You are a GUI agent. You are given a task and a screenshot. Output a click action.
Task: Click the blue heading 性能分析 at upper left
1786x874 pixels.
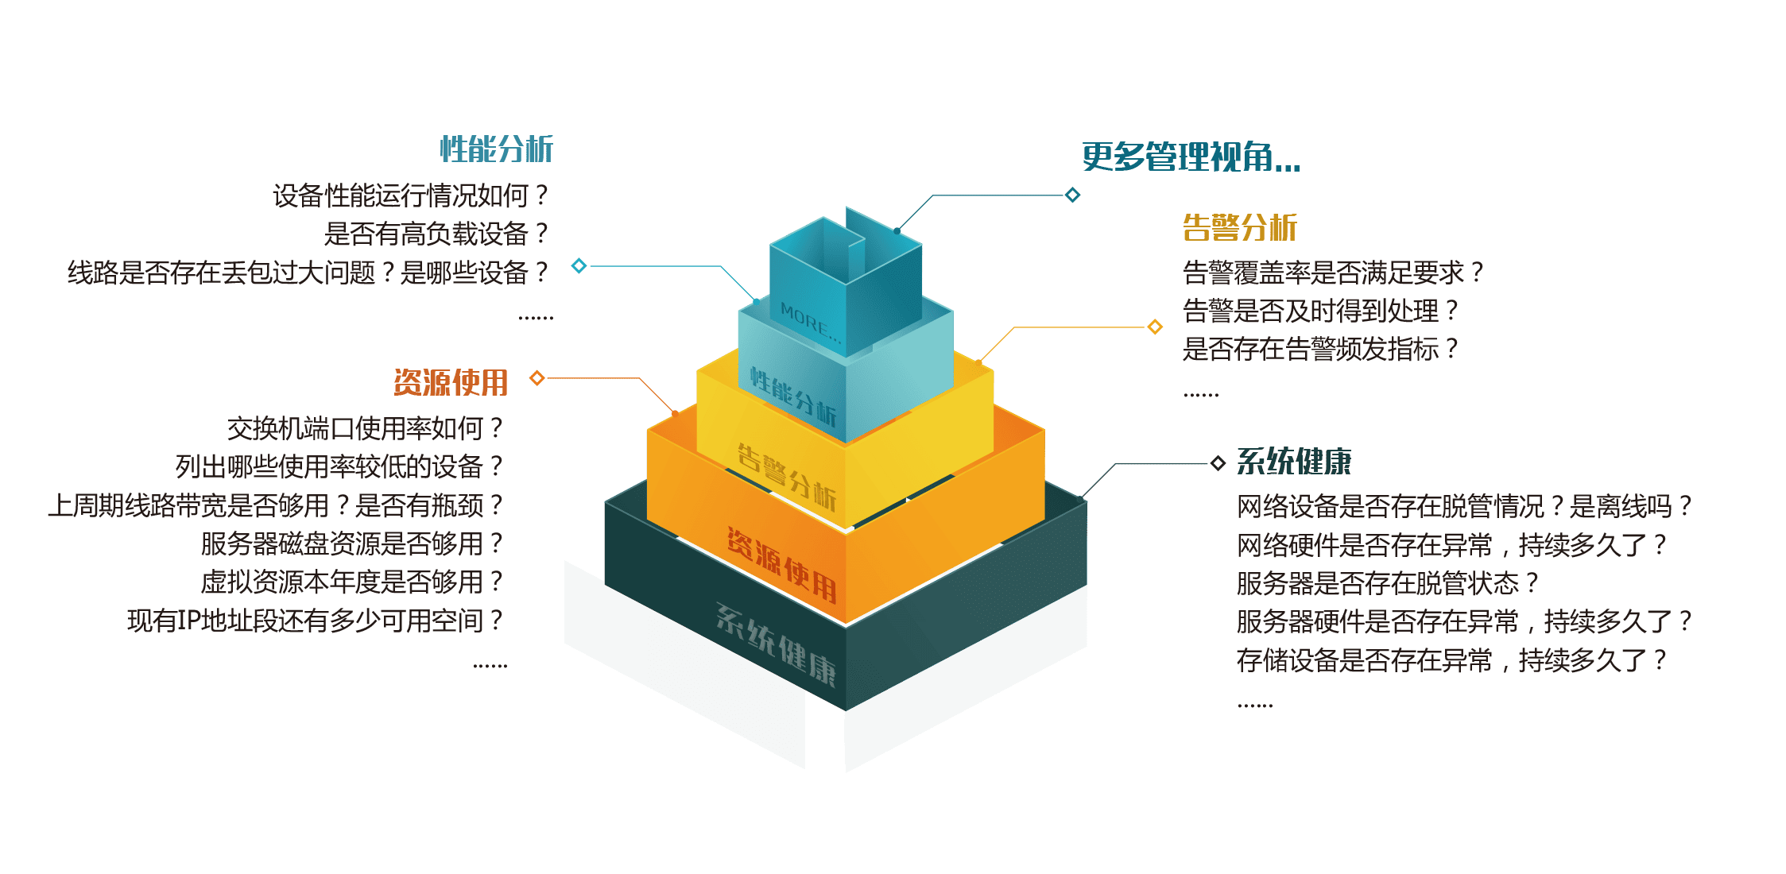pos(496,149)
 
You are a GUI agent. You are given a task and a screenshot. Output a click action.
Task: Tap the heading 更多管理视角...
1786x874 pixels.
pos(1191,157)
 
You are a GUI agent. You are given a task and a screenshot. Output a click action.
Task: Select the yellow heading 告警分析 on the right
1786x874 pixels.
pos(1239,228)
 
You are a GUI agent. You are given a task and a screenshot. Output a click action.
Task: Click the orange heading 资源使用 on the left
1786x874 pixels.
pos(451,383)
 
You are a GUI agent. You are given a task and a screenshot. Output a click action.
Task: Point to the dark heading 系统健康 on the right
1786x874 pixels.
pos(1293,462)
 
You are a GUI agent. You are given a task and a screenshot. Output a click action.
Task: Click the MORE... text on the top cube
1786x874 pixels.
pos(809,323)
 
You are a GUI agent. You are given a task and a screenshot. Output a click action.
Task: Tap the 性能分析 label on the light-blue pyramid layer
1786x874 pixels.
pos(793,397)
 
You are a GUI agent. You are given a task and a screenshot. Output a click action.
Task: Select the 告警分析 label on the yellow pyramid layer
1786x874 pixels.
pos(786,476)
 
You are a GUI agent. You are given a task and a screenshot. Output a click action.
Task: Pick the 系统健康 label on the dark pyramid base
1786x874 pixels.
pos(776,644)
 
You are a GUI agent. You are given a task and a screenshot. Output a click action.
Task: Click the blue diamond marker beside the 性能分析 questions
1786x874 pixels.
pos(579,265)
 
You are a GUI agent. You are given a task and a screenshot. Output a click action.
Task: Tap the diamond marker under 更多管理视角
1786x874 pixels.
pos(1072,195)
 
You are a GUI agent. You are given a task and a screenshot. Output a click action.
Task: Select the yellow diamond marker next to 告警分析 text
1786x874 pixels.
pos(1155,327)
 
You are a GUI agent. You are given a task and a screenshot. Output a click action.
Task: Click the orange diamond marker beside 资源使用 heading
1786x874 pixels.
pos(537,377)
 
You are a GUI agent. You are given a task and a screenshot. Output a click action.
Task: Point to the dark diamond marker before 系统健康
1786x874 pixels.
pos(1217,463)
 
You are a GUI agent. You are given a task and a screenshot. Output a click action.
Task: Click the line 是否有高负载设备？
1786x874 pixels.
pos(436,234)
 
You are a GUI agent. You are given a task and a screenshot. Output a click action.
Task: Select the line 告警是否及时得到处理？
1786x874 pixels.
pos(1320,311)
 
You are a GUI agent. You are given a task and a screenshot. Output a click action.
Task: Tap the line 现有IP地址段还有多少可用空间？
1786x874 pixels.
pos(315,621)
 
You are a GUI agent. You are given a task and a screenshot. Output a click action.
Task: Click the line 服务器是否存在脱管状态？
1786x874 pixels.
pos(1387,583)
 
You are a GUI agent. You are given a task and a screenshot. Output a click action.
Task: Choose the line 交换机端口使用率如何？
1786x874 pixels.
pos(365,429)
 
